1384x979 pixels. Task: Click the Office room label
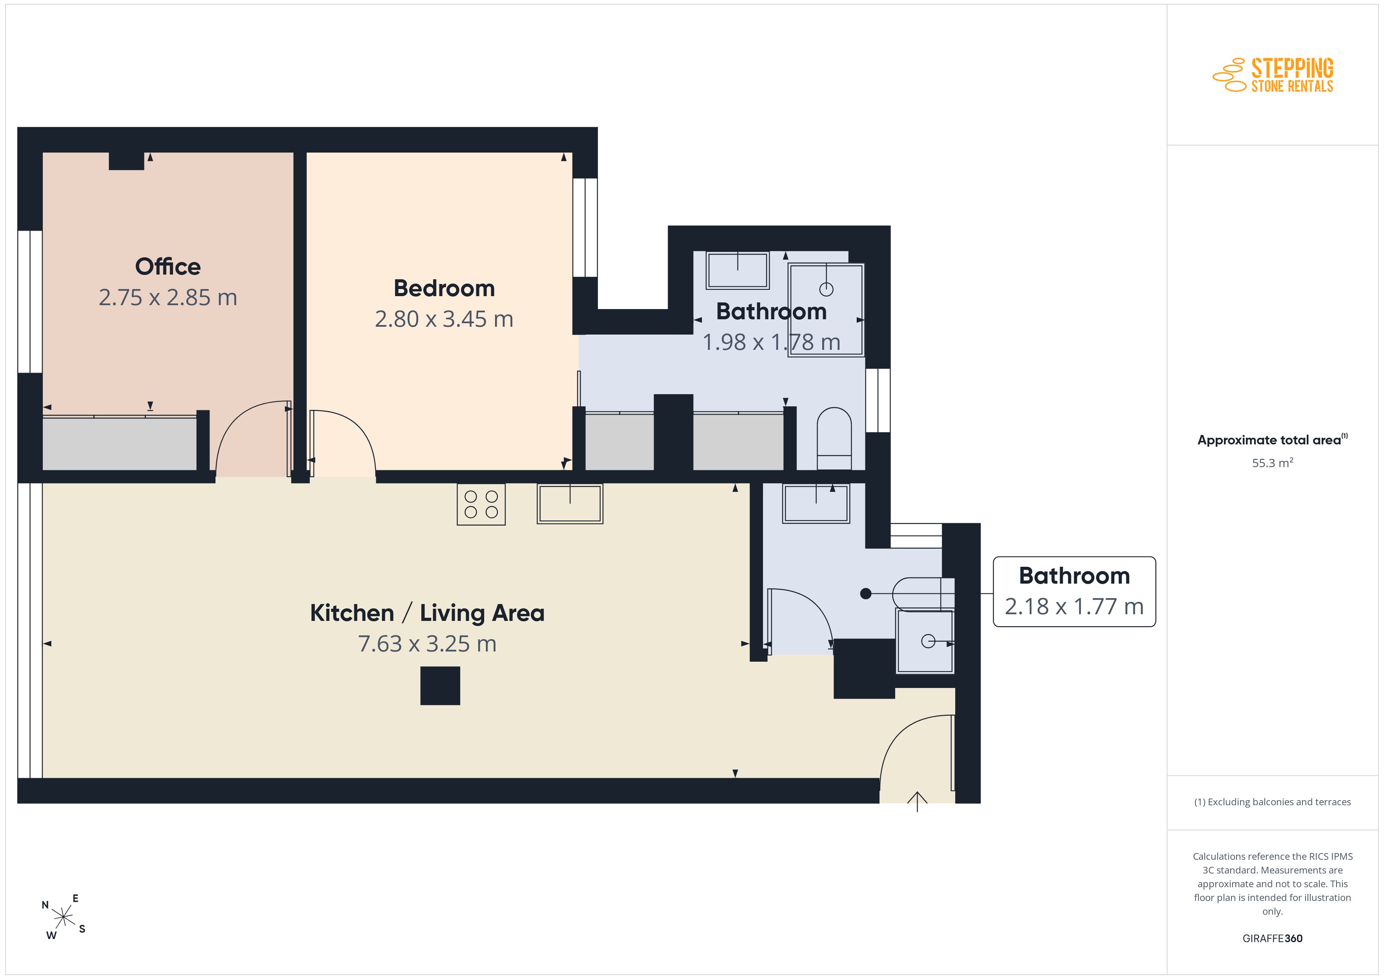point(168,266)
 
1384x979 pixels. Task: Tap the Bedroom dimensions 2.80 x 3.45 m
point(444,319)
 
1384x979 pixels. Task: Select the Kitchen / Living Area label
point(427,613)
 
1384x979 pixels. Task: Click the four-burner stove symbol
point(481,504)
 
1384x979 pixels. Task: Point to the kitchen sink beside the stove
point(570,503)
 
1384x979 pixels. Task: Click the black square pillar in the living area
point(440,686)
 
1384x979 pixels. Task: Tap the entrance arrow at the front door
point(917,802)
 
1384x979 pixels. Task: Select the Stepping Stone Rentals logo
point(1273,75)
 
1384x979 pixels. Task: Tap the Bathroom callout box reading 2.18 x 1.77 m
point(1074,591)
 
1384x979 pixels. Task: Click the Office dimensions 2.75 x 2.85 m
point(168,297)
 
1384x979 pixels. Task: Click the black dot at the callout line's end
point(866,594)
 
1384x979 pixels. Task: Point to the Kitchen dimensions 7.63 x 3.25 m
point(427,644)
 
